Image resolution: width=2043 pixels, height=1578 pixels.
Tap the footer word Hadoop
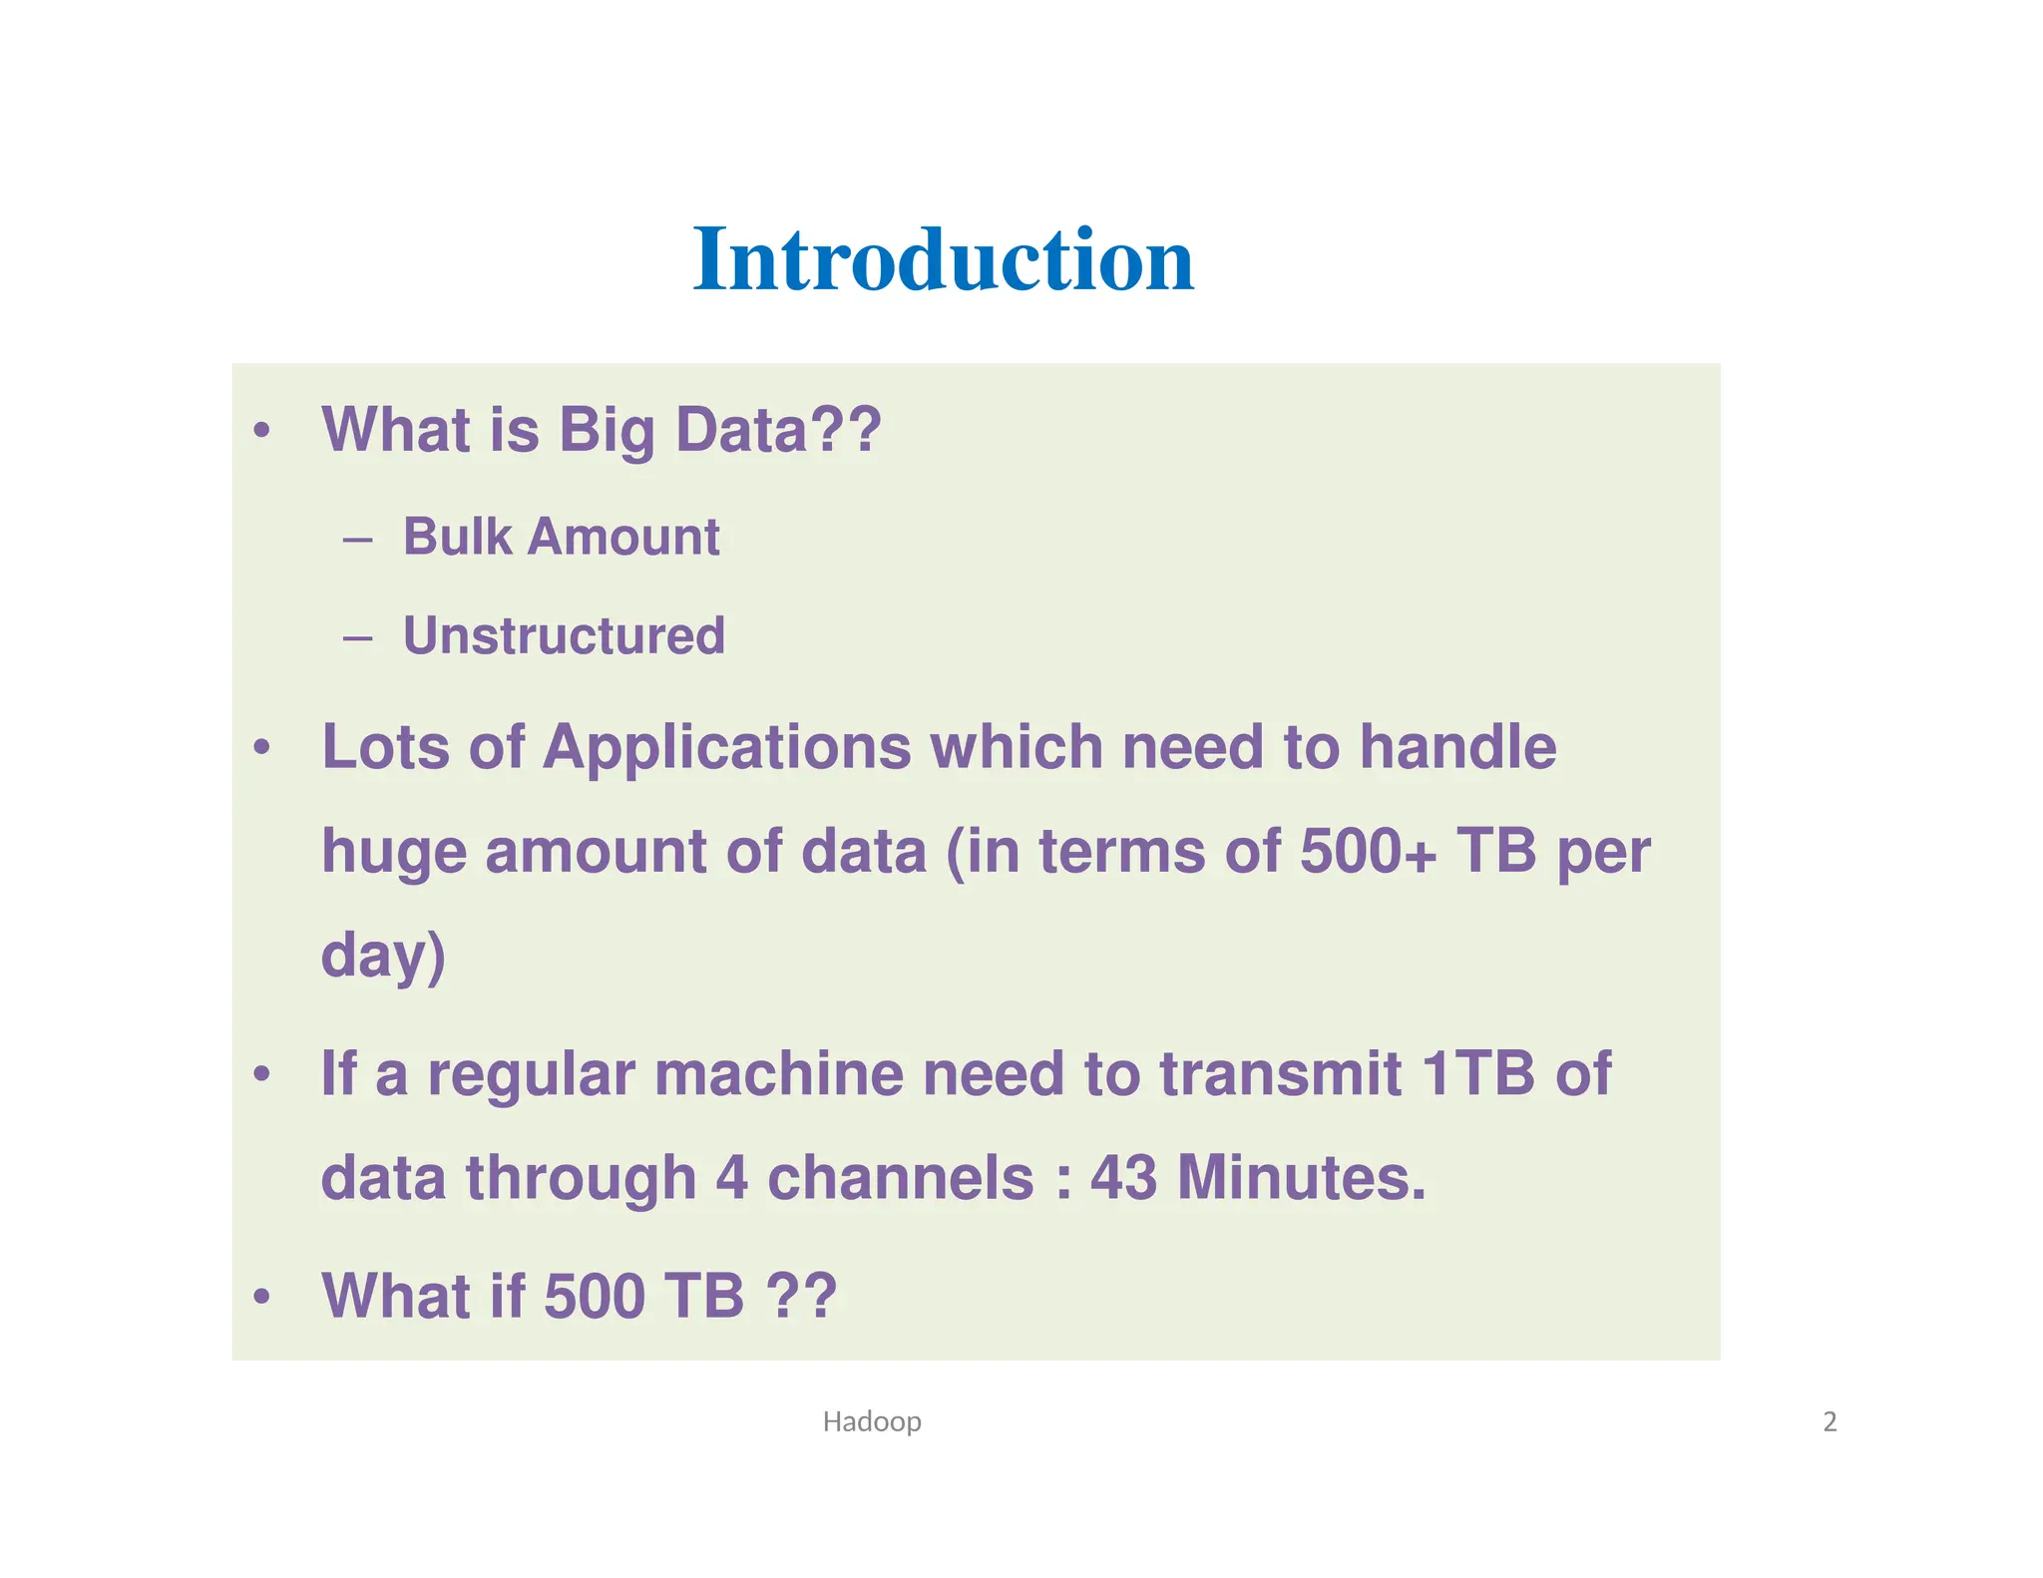point(871,1420)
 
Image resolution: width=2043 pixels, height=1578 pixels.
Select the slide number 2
point(1830,1420)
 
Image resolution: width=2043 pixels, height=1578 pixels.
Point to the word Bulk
point(457,537)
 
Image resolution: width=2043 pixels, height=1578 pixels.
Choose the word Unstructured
point(564,635)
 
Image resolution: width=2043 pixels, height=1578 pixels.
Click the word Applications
point(726,747)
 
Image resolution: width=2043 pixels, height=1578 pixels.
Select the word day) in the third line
point(383,956)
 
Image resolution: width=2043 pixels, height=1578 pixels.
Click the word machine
point(779,1074)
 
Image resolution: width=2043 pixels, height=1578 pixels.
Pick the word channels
point(900,1178)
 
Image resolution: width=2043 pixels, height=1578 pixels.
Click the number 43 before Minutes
point(1123,1178)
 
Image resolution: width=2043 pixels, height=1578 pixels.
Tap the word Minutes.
point(1302,1178)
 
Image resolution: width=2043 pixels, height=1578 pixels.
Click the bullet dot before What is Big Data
point(261,431)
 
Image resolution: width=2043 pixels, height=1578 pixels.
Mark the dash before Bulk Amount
point(357,541)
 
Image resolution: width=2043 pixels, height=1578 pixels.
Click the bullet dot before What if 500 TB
point(261,1297)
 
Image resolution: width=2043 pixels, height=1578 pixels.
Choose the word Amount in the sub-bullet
point(623,537)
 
